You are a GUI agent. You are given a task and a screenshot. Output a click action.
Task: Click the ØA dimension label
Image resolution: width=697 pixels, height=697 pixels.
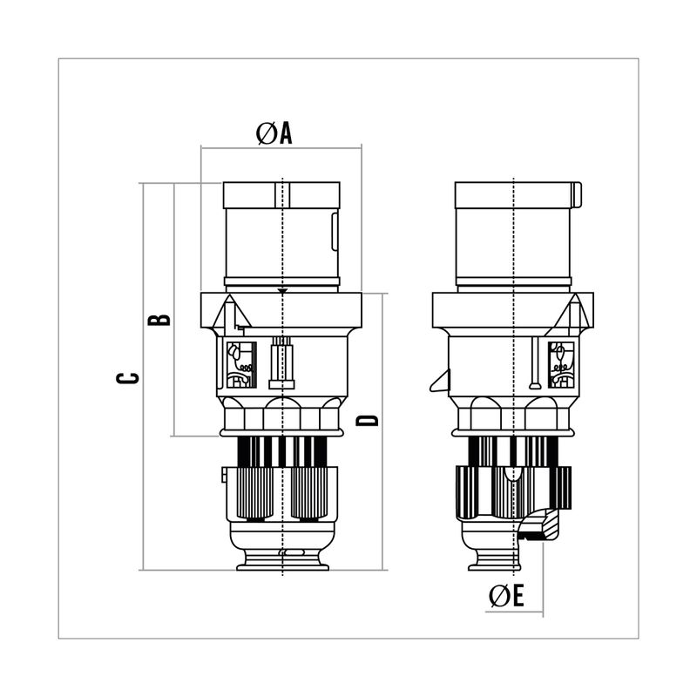[x=274, y=133]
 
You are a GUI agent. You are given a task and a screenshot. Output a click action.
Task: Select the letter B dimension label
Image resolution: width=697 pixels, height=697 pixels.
[x=159, y=320]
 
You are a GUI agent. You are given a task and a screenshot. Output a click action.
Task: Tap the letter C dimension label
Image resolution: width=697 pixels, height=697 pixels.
[x=127, y=378]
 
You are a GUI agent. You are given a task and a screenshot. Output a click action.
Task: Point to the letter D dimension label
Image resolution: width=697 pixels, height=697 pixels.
[x=367, y=420]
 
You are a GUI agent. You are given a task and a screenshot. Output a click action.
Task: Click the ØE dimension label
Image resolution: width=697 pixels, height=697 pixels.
[x=506, y=596]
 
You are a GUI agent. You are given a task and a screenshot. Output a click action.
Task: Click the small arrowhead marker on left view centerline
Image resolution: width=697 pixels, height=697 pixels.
[x=282, y=291]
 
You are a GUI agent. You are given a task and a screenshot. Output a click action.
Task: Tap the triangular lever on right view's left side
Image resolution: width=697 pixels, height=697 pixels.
[x=440, y=382]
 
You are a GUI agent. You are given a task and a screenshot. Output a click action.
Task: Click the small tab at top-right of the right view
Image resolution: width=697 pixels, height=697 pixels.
[x=577, y=194]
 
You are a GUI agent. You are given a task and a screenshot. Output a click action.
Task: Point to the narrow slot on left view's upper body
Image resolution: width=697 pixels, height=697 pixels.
[x=335, y=231]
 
